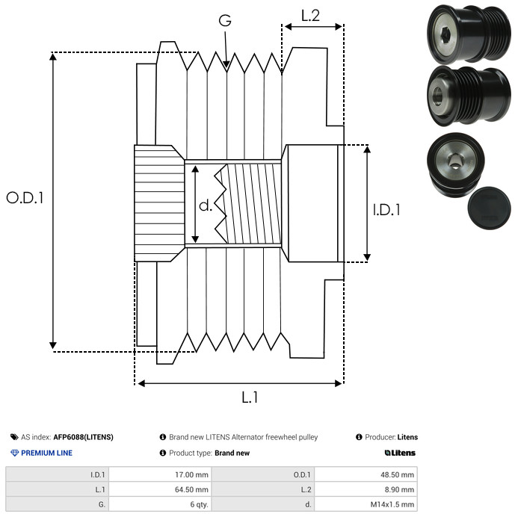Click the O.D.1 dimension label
(x=25, y=198)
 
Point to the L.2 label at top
(x=311, y=15)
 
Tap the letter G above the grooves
(x=225, y=21)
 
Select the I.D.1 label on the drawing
(x=387, y=210)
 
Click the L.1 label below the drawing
(x=250, y=397)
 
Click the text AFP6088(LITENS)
(x=83, y=437)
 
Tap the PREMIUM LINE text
(x=47, y=453)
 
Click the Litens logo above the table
(x=400, y=453)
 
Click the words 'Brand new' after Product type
(x=232, y=453)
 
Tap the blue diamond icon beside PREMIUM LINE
(x=14, y=453)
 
